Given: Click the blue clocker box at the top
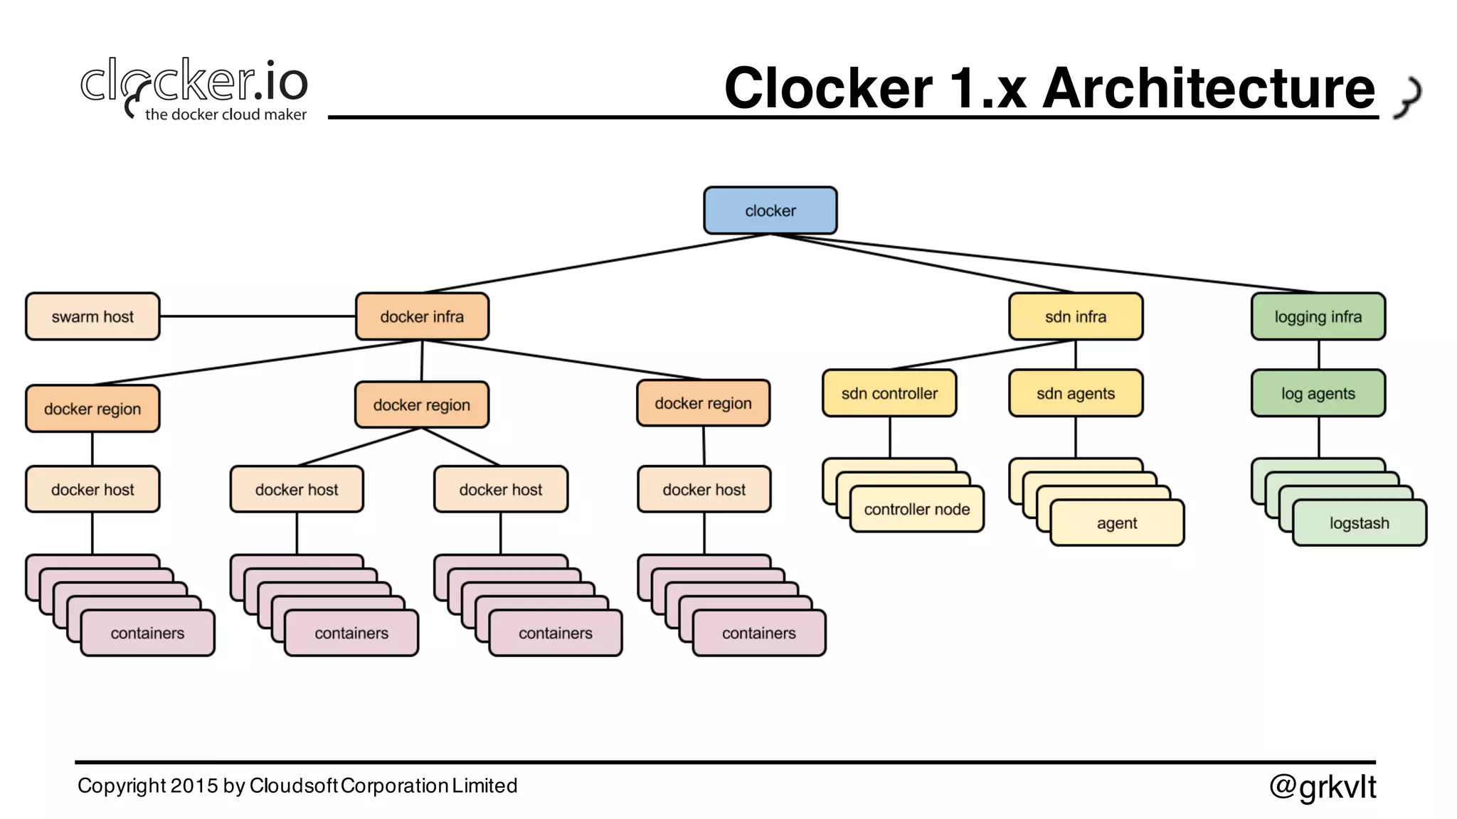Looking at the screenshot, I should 770,210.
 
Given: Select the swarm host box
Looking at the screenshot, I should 92,316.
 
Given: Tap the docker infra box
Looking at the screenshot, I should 422,316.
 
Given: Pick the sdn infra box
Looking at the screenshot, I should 1075,316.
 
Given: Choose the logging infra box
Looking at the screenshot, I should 1318,316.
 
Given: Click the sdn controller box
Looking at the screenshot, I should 889,393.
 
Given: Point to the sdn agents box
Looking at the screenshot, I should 1075,393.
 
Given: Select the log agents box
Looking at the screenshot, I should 1318,393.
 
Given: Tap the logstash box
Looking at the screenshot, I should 1359,523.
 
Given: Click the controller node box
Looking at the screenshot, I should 916,509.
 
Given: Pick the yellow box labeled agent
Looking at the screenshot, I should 1116,523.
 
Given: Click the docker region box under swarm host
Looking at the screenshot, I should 92,409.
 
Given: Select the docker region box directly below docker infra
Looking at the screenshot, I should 422,405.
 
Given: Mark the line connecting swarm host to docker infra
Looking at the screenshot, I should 256,316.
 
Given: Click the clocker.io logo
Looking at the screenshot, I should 194,82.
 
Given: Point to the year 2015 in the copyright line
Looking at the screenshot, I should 194,786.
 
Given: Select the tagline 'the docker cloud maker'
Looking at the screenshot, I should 226,114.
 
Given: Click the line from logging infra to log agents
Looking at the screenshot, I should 1318,354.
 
